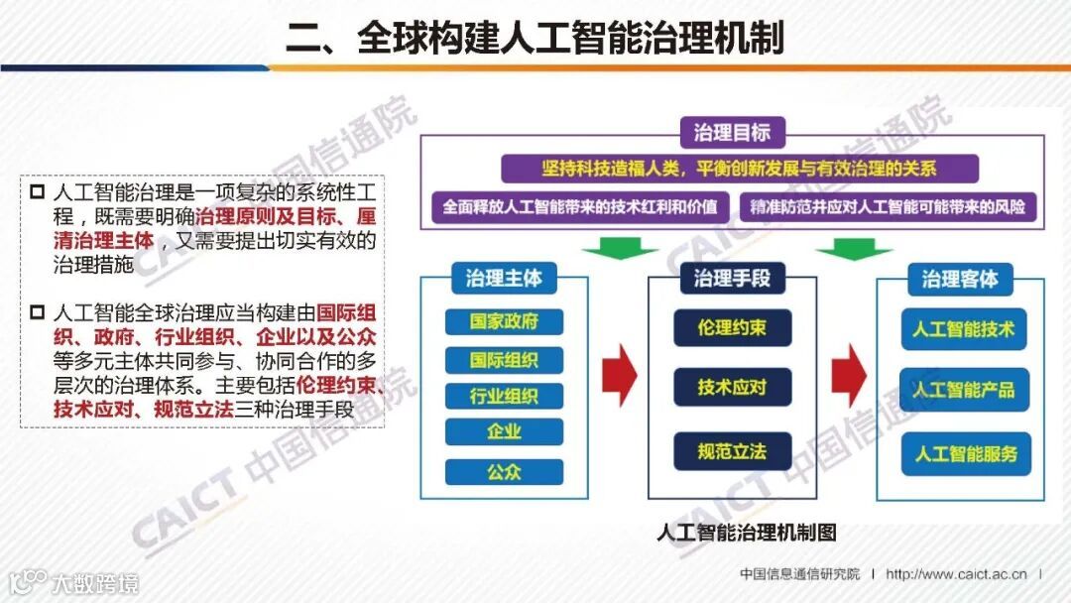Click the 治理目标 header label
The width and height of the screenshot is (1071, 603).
pos(732,133)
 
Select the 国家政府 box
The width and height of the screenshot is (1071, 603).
pos(504,322)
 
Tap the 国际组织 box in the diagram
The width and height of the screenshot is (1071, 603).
pos(504,359)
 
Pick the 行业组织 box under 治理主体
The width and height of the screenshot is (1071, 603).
pos(504,396)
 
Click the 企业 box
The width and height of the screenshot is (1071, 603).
pos(504,432)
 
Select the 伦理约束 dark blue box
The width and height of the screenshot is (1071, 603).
pos(732,327)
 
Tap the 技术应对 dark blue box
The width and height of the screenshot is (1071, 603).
pos(732,387)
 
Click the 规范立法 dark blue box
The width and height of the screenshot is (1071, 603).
pos(732,451)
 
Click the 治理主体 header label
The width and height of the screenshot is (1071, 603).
pos(504,278)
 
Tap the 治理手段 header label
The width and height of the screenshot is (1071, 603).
pos(732,278)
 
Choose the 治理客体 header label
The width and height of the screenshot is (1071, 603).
pos(960,278)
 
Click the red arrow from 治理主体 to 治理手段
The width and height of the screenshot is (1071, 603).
pos(619,375)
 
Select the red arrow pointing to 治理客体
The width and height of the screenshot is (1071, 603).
pos(848,375)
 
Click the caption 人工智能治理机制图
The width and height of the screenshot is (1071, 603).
pos(747,533)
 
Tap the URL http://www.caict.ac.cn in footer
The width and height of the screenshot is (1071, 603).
pos(957,574)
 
